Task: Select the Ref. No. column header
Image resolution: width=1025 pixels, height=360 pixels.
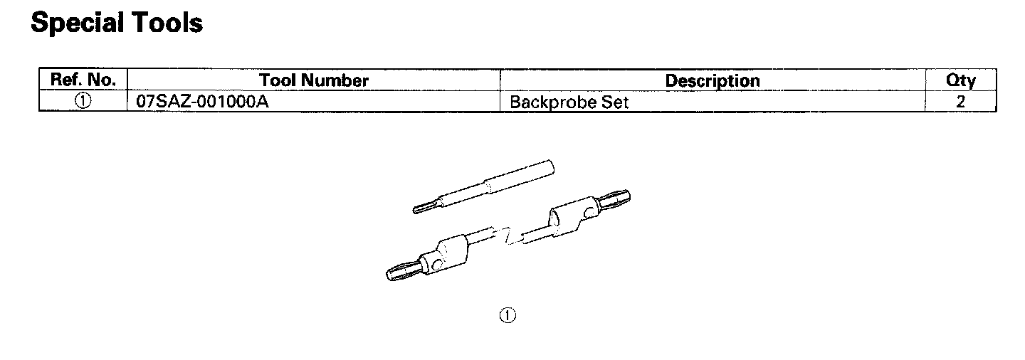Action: click(x=83, y=80)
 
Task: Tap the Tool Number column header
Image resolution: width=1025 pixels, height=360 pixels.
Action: click(x=314, y=80)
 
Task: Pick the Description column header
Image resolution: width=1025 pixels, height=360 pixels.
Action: click(x=713, y=80)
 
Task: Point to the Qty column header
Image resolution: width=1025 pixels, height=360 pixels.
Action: click(x=960, y=80)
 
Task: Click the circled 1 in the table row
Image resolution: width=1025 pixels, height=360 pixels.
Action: click(x=83, y=101)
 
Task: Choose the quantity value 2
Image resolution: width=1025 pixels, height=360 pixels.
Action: click(x=960, y=102)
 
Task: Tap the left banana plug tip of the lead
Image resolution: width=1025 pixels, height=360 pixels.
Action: click(x=399, y=272)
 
